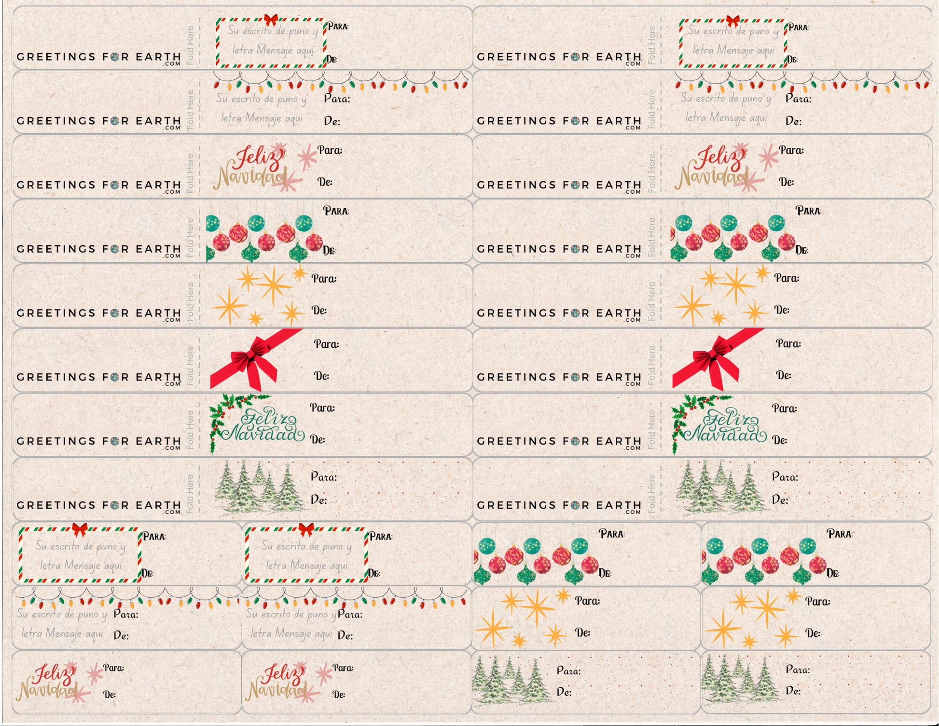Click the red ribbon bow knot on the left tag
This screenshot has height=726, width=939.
pyautogui.click(x=250, y=358)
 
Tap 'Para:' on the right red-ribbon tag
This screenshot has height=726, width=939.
pyautogui.click(x=788, y=343)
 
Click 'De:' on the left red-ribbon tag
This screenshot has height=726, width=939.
pyautogui.click(x=321, y=376)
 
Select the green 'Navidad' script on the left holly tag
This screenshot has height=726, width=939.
pyautogui.click(x=263, y=434)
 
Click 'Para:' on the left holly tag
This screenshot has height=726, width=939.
pyautogui.click(x=322, y=408)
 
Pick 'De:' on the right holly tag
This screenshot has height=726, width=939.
pyautogui.click(x=779, y=440)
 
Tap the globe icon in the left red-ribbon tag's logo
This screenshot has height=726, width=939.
pyautogui.click(x=115, y=377)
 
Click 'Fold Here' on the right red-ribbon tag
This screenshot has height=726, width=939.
pyautogui.click(x=651, y=365)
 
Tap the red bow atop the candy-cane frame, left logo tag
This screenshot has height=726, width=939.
pyautogui.click(x=271, y=20)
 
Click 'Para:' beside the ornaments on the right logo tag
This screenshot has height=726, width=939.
pyautogui.click(x=808, y=211)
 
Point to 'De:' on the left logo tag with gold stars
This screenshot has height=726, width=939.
pyautogui.click(x=319, y=310)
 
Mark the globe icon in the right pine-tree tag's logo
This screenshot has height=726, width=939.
pyautogui.click(x=575, y=505)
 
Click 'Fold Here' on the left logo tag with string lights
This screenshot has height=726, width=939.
pyautogui.click(x=190, y=109)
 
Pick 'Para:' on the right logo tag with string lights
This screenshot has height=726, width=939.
pyautogui.click(x=798, y=99)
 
